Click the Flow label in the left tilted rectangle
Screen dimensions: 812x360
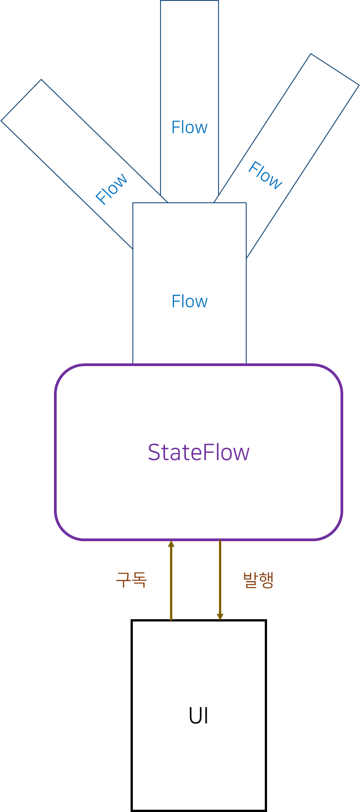(x=112, y=189)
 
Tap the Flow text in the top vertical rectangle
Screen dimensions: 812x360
(x=190, y=127)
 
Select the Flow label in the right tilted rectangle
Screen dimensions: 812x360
(x=265, y=175)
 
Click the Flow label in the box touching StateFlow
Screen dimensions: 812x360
(x=190, y=301)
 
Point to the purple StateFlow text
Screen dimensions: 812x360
(x=199, y=452)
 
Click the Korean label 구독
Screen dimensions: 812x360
(x=131, y=579)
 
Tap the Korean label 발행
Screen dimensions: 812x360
(x=258, y=579)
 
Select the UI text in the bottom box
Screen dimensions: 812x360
(x=199, y=716)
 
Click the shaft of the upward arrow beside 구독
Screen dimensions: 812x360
(x=171, y=585)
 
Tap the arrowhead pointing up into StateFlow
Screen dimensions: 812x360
(x=171, y=543)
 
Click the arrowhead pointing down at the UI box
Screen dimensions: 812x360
(x=220, y=617)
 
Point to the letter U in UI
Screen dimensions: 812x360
(x=194, y=716)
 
